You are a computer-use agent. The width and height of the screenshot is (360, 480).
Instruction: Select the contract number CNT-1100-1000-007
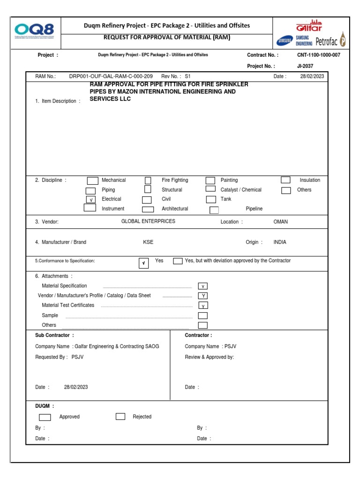(x=318, y=55)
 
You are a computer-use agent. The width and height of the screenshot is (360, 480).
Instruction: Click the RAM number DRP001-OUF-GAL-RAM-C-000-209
(x=111, y=76)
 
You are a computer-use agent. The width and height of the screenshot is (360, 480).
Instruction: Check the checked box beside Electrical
(x=91, y=199)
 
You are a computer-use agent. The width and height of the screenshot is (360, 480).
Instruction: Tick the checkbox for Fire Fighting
(x=148, y=180)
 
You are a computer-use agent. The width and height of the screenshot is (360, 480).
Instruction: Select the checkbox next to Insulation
(x=285, y=180)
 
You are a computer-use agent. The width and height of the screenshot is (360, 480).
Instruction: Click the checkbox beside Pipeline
(x=214, y=210)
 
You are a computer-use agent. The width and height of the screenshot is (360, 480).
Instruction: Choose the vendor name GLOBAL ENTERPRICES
(x=148, y=221)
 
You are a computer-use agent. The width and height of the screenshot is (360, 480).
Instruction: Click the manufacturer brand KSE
(x=148, y=242)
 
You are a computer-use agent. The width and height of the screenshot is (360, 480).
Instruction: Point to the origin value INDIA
(x=280, y=242)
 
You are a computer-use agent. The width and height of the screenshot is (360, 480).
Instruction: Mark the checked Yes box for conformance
(x=143, y=263)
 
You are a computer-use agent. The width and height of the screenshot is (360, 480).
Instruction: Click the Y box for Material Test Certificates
(x=202, y=306)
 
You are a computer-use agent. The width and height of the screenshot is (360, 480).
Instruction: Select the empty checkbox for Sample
(x=202, y=315)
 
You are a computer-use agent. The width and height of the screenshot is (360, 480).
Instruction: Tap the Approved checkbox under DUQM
(x=45, y=417)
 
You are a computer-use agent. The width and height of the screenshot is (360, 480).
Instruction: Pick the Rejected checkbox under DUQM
(x=120, y=416)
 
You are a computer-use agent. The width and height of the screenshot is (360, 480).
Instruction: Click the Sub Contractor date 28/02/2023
(x=76, y=387)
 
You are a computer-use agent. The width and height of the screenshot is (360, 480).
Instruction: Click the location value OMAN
(x=281, y=222)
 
